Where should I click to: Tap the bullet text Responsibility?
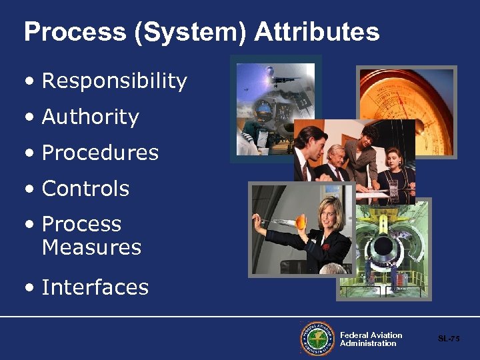click(114, 81)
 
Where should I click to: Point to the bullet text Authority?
click(90, 117)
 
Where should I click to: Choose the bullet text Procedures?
click(100, 153)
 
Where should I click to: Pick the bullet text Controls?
click(85, 189)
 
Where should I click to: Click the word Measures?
click(91, 247)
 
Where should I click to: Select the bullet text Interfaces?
click(95, 287)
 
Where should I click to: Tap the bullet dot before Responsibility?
click(28, 82)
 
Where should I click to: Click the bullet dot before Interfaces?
click(28, 288)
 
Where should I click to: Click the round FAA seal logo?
click(317, 339)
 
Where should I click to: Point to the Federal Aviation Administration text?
click(371, 339)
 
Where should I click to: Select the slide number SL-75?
click(449, 339)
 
